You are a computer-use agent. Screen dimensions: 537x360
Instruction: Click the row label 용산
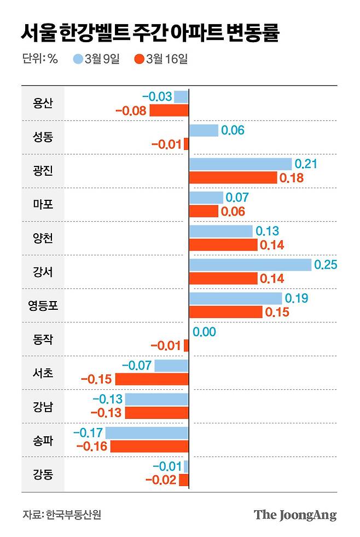[x=43, y=103]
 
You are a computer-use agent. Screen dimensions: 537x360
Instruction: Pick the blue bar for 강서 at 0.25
[x=250, y=265]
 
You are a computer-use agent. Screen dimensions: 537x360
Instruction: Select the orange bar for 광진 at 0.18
[x=233, y=178]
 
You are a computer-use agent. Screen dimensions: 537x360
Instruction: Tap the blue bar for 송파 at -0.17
[x=147, y=433]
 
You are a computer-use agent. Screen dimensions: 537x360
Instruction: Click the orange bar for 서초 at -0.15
[x=152, y=379]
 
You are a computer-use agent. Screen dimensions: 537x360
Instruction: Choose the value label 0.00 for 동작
[x=205, y=332]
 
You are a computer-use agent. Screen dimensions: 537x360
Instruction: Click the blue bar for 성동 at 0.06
[x=204, y=130]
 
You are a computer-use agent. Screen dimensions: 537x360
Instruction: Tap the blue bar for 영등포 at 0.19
[x=235, y=298]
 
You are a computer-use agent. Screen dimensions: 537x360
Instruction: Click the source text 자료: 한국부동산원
[x=62, y=515]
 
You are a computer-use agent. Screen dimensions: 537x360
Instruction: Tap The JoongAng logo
[x=295, y=515]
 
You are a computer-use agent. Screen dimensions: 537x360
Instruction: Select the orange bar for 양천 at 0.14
[x=223, y=245]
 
